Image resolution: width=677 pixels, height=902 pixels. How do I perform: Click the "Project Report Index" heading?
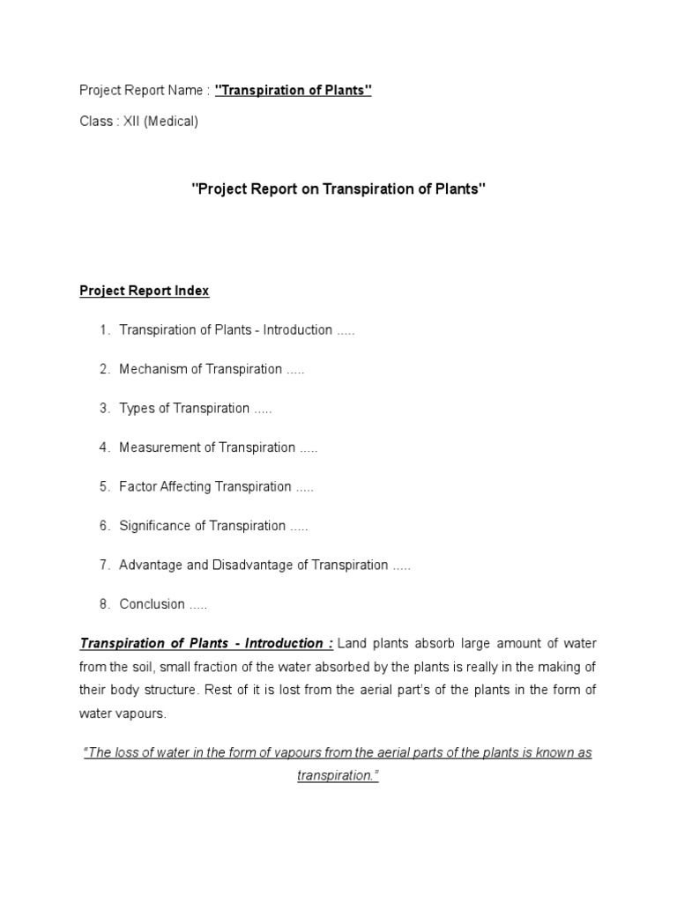[x=145, y=291]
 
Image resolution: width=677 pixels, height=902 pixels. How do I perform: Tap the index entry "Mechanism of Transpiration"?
[x=201, y=369]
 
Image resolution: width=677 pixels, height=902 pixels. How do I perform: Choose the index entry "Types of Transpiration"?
[x=185, y=408]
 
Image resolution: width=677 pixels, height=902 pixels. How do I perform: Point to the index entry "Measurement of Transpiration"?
[x=207, y=447]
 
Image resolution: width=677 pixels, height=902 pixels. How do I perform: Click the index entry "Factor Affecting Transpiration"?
[x=205, y=486]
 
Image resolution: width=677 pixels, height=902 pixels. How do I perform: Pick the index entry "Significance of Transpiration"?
[x=203, y=526]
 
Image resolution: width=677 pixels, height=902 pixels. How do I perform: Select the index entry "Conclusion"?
[x=153, y=604]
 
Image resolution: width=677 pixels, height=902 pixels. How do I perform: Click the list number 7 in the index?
[x=104, y=565]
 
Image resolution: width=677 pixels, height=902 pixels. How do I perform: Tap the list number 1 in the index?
[x=104, y=330]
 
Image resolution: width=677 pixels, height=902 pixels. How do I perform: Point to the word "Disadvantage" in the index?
[x=253, y=565]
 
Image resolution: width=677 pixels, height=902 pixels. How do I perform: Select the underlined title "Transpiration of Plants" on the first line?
[x=294, y=90]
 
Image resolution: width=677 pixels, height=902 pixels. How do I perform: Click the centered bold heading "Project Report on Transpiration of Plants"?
[x=338, y=189]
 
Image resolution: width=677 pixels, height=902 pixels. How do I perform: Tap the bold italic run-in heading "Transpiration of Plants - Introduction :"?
[x=206, y=643]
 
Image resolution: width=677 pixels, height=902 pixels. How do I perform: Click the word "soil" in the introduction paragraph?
[x=145, y=667]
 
